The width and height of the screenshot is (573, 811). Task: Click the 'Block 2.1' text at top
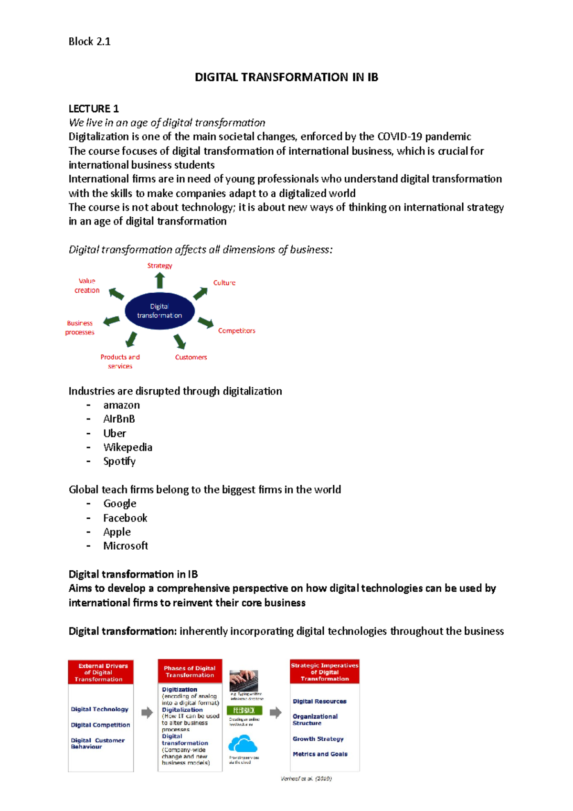pos(89,42)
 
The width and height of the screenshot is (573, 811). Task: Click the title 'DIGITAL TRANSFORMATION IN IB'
pos(286,77)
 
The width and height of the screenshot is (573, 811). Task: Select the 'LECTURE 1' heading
pos(94,109)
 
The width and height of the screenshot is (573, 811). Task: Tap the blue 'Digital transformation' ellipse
pos(159,311)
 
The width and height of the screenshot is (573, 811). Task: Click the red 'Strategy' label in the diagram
pos(159,266)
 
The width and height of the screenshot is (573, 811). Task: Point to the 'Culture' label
pos(224,283)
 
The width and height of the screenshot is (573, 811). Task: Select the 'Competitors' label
pos(236,331)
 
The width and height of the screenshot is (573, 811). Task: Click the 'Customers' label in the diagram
pos(191,357)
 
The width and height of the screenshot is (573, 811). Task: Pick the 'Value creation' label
pos(87,286)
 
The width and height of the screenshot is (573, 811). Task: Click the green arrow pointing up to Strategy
pos(160,280)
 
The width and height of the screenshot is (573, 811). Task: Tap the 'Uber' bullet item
pos(115,434)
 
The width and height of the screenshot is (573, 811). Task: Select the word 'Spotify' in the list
pos(119,461)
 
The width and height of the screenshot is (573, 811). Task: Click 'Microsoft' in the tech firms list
pos(126,546)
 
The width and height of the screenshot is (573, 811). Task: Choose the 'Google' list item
pos(120,504)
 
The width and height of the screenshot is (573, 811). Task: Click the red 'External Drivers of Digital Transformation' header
pos(101,672)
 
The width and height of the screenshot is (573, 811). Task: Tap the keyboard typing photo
pos(244,681)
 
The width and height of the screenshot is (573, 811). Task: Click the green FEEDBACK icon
pos(244,710)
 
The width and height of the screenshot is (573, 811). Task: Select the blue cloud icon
pos(243,744)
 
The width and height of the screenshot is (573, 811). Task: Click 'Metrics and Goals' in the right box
pos(320,754)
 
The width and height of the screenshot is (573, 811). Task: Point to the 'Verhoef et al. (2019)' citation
pos(306,779)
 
